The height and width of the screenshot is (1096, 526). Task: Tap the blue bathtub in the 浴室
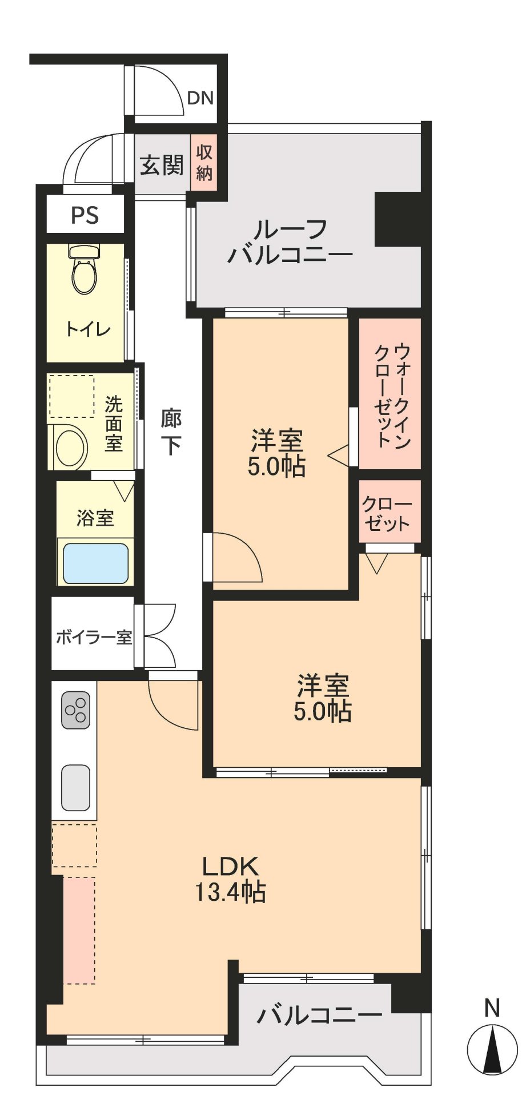point(95,563)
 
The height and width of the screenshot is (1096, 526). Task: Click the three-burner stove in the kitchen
point(76,710)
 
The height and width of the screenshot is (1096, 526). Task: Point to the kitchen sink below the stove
point(75,787)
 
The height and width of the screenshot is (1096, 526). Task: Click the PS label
point(85,215)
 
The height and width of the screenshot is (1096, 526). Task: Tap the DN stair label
point(200,98)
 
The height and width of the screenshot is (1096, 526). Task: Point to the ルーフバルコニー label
point(290,243)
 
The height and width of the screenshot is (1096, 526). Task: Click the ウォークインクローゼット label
point(392,394)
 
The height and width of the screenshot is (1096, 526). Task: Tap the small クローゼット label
point(387,514)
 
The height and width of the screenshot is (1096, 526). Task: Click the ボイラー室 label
point(94,637)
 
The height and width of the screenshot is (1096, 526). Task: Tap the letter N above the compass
point(492,1008)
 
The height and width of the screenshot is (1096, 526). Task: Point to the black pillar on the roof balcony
point(397,219)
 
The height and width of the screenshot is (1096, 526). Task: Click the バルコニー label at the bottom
point(319,1015)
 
